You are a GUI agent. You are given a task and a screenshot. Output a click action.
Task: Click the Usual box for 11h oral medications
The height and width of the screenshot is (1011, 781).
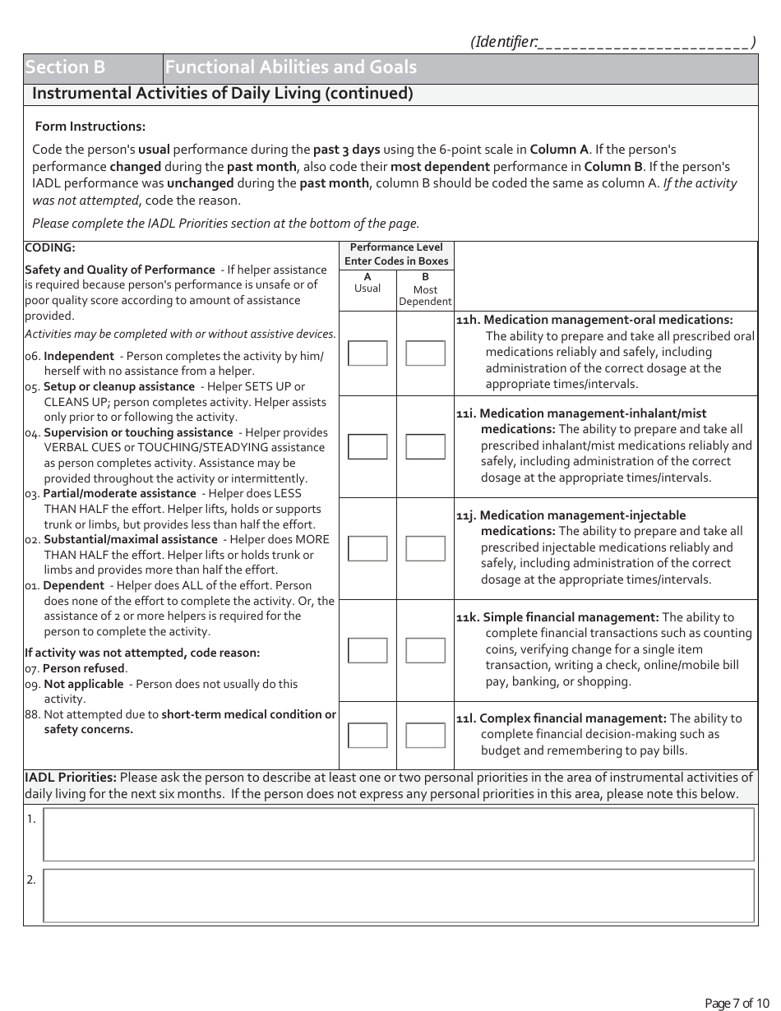click(x=367, y=353)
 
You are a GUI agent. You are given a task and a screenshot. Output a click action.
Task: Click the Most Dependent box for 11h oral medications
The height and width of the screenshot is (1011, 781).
click(x=425, y=353)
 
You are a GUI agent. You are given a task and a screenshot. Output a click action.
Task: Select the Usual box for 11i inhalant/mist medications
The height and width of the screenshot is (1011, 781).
click(x=367, y=446)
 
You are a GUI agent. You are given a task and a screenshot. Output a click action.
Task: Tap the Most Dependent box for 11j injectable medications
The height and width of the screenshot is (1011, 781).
click(x=425, y=548)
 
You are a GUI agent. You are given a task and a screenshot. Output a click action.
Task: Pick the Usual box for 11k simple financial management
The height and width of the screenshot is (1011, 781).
click(x=367, y=650)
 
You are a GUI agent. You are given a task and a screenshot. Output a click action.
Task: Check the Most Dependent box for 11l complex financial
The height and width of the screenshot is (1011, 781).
click(x=425, y=735)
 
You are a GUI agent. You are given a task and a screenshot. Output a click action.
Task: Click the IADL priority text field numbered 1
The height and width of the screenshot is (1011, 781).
click(x=398, y=834)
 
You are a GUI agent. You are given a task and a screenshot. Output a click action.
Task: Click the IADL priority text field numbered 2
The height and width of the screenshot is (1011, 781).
click(x=398, y=895)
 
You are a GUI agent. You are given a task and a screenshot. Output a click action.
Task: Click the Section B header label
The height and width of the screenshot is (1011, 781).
click(x=65, y=68)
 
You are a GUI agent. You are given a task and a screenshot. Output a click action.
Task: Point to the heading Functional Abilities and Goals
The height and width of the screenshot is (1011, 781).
click(x=291, y=68)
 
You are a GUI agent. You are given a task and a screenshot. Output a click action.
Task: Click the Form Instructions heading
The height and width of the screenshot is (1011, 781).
click(x=90, y=127)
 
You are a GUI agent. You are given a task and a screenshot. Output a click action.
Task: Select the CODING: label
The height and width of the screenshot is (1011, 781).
click(x=50, y=247)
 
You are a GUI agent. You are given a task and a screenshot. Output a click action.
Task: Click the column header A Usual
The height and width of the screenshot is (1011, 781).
click(x=367, y=283)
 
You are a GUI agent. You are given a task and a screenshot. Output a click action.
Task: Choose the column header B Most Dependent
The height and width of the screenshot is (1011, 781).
click(x=425, y=289)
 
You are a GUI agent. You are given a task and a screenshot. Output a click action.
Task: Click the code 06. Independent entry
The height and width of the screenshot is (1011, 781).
click(x=79, y=356)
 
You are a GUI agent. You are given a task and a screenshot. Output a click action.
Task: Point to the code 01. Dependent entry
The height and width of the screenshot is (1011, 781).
click(x=73, y=585)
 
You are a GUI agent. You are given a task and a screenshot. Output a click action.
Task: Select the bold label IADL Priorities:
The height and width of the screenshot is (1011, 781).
click(x=71, y=778)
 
